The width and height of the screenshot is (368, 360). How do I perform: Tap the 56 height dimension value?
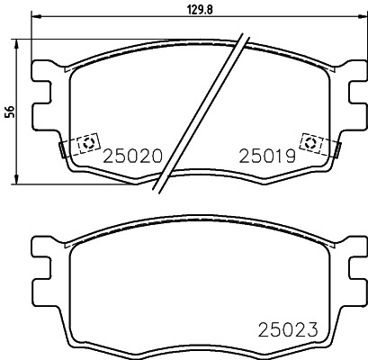point(10,112)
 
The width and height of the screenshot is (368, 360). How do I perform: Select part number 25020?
point(132,155)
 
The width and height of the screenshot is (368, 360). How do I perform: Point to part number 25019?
point(265,155)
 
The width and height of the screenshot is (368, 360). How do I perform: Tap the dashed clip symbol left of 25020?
point(88,143)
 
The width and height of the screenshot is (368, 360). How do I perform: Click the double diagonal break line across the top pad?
point(202,112)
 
